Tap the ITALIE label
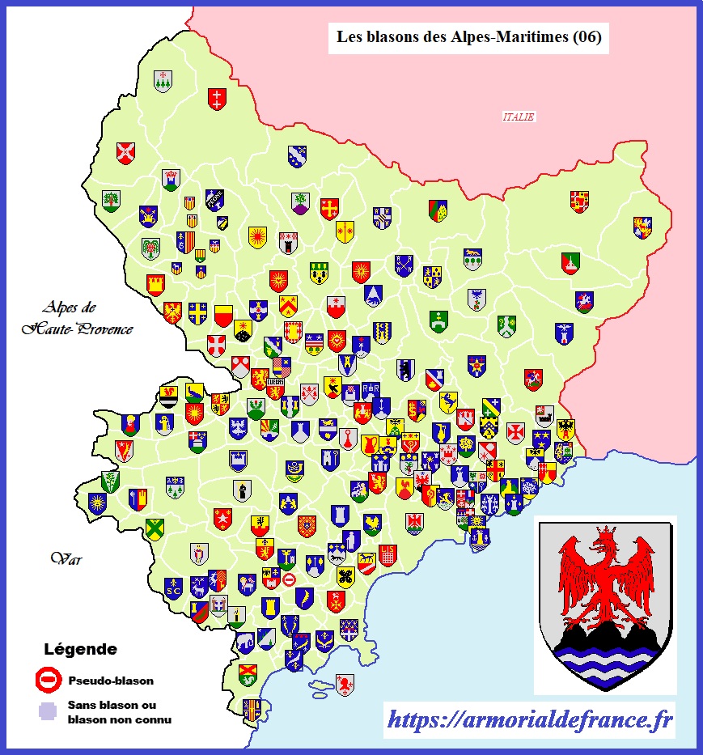click(x=519, y=117)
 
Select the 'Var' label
click(x=63, y=558)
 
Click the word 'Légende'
click(x=79, y=649)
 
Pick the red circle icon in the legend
click(x=48, y=681)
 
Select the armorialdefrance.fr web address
click(x=531, y=719)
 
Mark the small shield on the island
click(x=345, y=684)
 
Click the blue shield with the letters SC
click(x=173, y=587)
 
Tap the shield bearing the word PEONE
click(x=214, y=199)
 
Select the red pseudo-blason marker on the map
click(x=289, y=579)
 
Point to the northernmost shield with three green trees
click(x=163, y=81)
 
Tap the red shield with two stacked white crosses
click(x=217, y=99)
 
